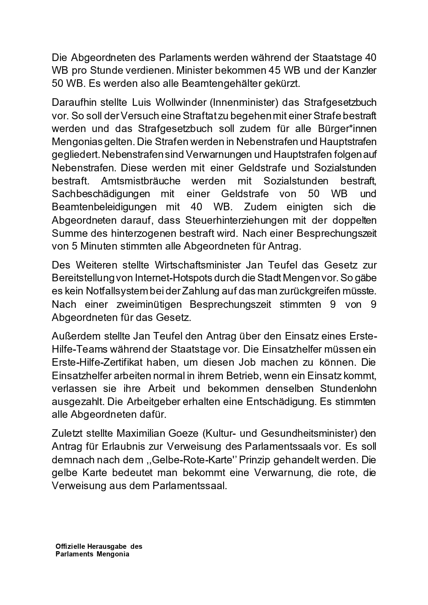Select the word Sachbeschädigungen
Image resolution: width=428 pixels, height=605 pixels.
[x=101, y=194]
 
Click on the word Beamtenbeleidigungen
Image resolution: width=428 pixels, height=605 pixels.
[x=104, y=207]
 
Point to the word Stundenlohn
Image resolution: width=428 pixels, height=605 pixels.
[x=348, y=389]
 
